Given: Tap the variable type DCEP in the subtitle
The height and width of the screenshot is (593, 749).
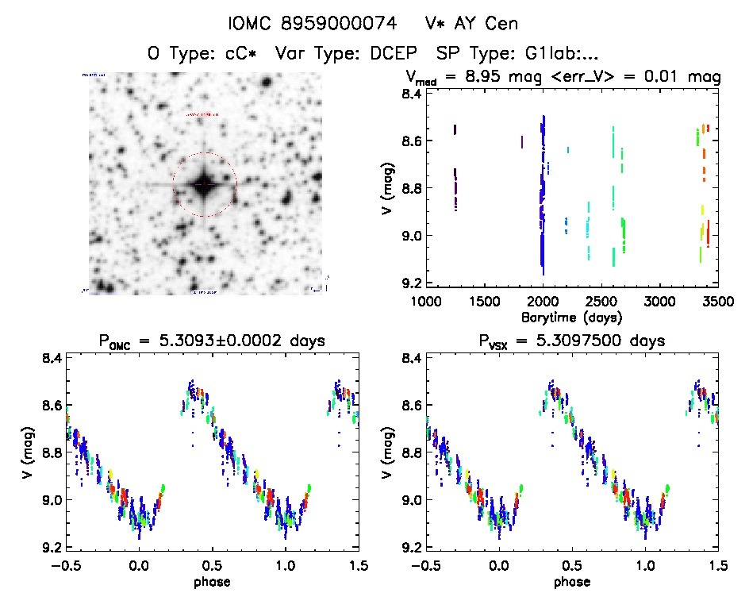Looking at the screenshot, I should tap(399, 54).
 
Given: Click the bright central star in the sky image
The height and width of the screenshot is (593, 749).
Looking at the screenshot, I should tap(204, 184).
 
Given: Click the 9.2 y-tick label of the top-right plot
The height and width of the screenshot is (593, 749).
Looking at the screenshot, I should tap(410, 283).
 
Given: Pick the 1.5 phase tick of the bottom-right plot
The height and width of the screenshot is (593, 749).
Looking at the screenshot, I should tap(717, 565).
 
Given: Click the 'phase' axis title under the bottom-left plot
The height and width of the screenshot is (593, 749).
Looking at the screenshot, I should tap(212, 581).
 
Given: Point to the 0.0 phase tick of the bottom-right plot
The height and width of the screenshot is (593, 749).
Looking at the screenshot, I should tap(499, 565).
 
